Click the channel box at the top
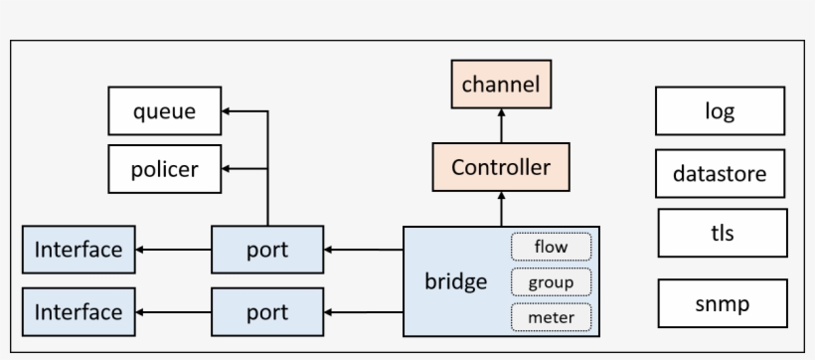pos(500,85)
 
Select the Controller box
pos(500,167)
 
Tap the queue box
pos(164,112)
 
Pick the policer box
pos(164,169)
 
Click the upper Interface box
pos(79,250)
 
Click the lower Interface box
pos(79,312)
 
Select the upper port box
pos(266,250)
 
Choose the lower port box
pos(266,312)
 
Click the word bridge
pos(455,281)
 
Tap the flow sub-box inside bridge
pos(551,246)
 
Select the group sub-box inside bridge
pos(551,281)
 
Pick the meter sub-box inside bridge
pos(551,317)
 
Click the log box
pos(720,110)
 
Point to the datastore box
pos(720,174)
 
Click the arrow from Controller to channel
pos(500,126)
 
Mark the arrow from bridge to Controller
pos(500,209)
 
